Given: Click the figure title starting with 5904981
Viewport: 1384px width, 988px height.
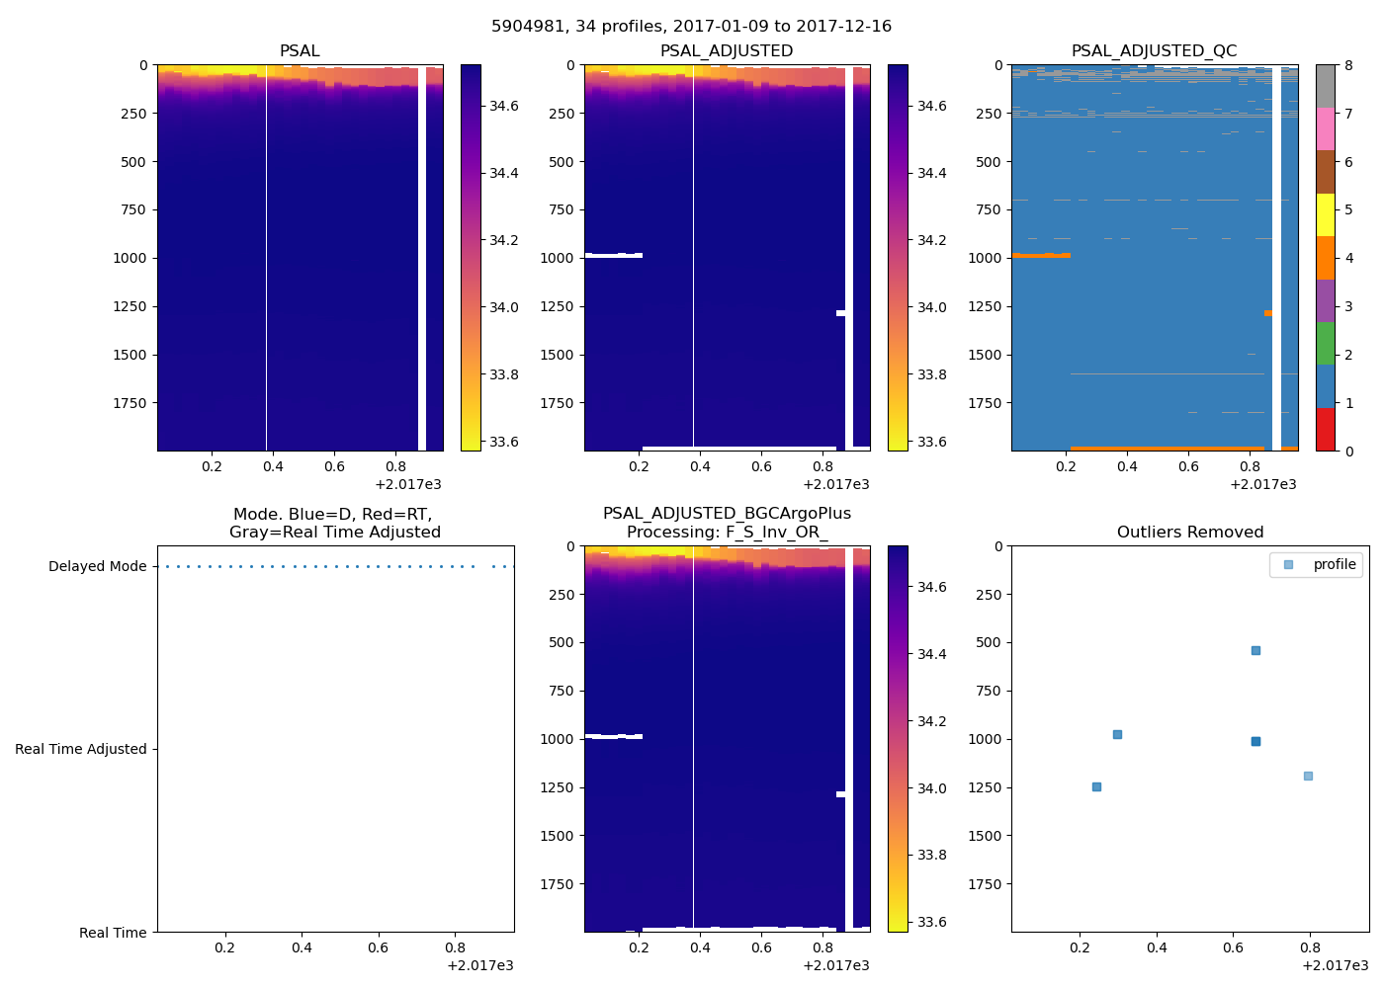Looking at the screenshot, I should (x=691, y=27).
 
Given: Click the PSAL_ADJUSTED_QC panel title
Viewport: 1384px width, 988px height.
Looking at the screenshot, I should (x=1154, y=51).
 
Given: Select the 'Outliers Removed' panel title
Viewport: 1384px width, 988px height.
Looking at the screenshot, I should (x=1189, y=533).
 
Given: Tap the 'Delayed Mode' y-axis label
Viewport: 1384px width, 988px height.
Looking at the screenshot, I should (x=97, y=567).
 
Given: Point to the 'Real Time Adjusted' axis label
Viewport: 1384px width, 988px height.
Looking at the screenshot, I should (x=80, y=750).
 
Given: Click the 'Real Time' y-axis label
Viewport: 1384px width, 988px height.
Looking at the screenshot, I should (x=113, y=933).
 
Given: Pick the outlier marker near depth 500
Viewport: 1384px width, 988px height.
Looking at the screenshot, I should (x=1255, y=651).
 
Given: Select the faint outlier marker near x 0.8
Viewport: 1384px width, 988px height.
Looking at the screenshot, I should (x=1308, y=777).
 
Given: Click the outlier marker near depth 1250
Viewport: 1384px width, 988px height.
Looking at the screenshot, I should (x=1096, y=787).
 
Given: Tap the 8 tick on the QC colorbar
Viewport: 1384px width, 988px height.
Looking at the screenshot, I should (x=1348, y=66).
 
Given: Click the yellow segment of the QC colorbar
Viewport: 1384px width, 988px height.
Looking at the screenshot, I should (x=1325, y=214).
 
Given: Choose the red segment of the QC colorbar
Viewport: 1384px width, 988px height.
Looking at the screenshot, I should (x=1325, y=430).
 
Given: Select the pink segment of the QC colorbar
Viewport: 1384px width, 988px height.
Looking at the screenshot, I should (x=1325, y=128).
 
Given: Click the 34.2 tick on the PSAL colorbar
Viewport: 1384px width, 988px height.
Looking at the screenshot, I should (x=504, y=240).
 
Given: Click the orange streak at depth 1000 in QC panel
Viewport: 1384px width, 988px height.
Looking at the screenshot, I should (x=1041, y=256).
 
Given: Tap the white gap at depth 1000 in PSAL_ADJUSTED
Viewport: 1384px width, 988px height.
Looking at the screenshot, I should (x=613, y=256).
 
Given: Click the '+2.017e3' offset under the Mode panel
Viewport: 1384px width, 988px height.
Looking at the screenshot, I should (x=479, y=965).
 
